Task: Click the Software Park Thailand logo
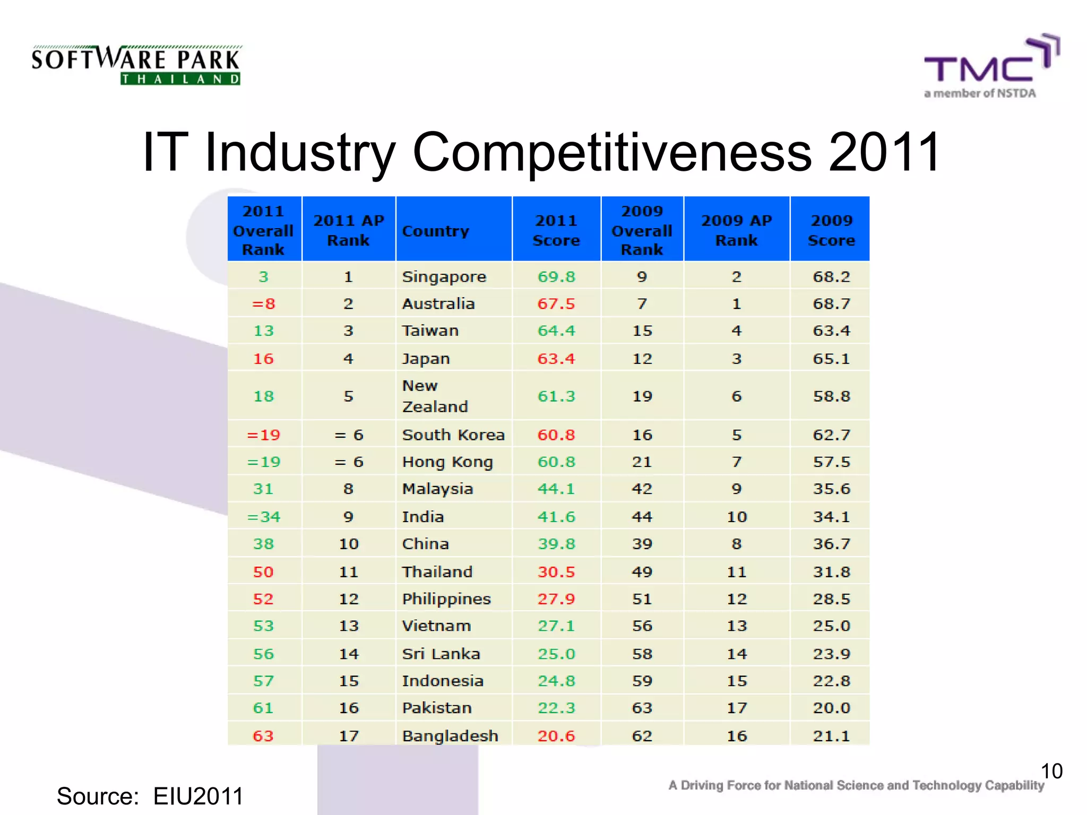(136, 65)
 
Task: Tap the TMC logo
(990, 66)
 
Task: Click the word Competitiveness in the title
(611, 152)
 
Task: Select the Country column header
(436, 231)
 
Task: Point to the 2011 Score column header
(556, 230)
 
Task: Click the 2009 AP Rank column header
(736, 230)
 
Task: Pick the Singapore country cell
(444, 276)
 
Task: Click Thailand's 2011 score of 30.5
(556, 571)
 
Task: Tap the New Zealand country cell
(435, 396)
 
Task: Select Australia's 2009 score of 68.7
(831, 304)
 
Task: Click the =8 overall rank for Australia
(263, 304)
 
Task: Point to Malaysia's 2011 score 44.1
(556, 489)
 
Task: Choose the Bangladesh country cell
(450, 735)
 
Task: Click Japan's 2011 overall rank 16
(263, 359)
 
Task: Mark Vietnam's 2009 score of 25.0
(831, 626)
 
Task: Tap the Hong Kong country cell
(447, 462)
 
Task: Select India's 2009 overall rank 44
(642, 516)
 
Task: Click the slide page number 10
(1051, 771)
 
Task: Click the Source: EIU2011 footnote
(150, 796)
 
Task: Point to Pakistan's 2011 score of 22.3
(556, 708)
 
